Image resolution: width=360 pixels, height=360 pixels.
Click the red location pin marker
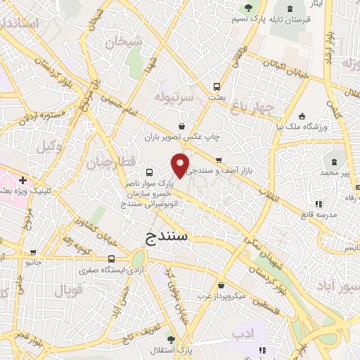click(x=181, y=164)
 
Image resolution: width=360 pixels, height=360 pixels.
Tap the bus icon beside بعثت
click(x=215, y=89)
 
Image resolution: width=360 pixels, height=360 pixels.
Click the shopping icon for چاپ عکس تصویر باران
click(x=182, y=126)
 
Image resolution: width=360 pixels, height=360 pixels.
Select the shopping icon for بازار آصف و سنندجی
click(x=219, y=160)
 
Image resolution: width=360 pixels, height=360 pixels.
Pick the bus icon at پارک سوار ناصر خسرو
click(x=148, y=172)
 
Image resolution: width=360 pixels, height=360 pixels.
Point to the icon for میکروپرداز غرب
click(x=222, y=285)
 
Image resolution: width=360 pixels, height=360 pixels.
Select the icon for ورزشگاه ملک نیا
click(x=302, y=117)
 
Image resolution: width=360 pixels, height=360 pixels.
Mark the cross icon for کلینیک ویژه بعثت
click(x=23, y=180)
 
